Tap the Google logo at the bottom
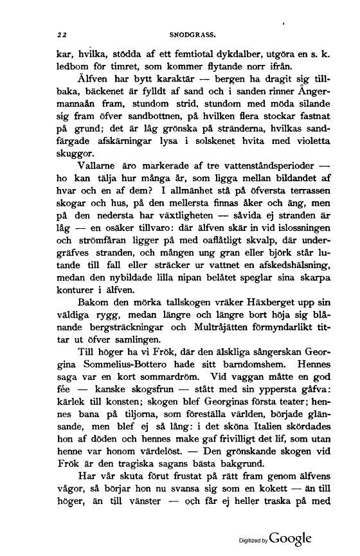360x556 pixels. click(x=291, y=537)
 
